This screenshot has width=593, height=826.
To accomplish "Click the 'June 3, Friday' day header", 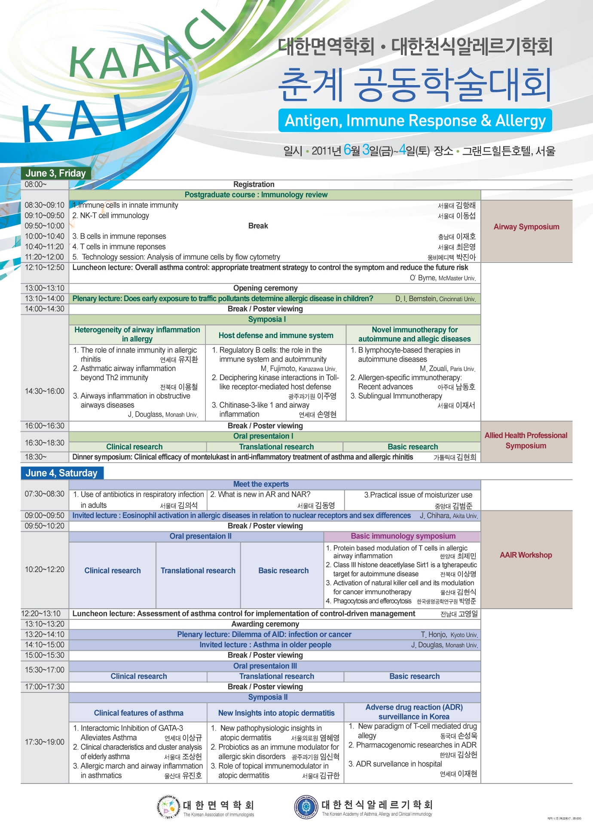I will tap(56, 173).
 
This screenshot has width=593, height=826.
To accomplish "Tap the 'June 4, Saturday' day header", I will tap(61, 473).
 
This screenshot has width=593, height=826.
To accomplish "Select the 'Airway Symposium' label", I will tap(526, 227).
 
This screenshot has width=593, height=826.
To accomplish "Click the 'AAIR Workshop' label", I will tap(526, 555).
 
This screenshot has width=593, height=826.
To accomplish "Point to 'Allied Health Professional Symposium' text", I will tap(526, 441).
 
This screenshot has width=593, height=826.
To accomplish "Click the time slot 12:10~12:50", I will tap(44, 268).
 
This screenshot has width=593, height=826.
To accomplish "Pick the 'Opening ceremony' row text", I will tap(265, 288).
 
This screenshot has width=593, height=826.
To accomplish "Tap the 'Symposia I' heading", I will tap(267, 320).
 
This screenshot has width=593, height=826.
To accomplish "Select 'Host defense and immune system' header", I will tap(276, 335).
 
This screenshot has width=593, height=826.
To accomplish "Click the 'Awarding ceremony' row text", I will tap(265, 624).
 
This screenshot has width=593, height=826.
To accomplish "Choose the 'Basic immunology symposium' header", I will tap(403, 536).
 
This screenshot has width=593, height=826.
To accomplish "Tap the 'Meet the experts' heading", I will tap(261, 485).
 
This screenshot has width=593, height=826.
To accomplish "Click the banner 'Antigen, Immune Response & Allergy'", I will tap(415, 121).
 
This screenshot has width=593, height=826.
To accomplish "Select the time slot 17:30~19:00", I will tap(44, 742).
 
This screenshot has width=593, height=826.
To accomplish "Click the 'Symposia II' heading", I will tap(268, 697).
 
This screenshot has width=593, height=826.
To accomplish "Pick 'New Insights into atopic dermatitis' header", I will tap(276, 713).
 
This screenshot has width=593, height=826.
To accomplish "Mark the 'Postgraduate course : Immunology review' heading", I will tap(256, 195).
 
